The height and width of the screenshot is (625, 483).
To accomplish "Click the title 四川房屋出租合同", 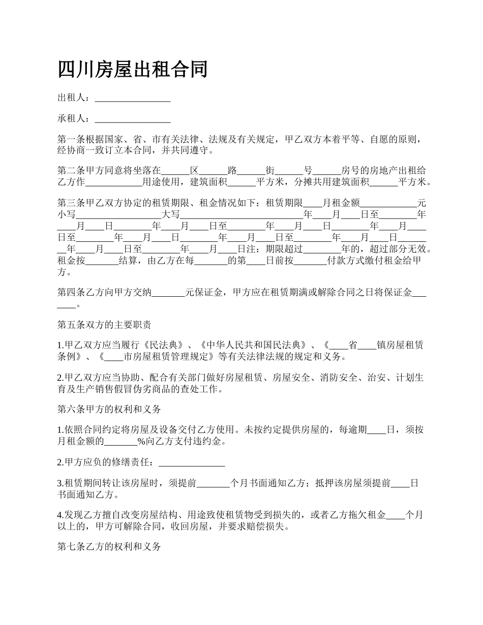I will (133, 69).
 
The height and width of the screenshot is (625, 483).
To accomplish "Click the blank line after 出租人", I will (133, 99).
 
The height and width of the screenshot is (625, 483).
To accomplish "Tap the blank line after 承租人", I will (133, 119).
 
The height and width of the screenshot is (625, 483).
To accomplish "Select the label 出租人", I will (72, 98).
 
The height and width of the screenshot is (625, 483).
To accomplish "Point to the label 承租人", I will (72, 118).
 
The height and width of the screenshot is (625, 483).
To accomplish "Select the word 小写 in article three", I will (67, 214).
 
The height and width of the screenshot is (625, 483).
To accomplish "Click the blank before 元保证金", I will (168, 293).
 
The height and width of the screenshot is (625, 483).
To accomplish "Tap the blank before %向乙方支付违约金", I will (120, 442).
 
